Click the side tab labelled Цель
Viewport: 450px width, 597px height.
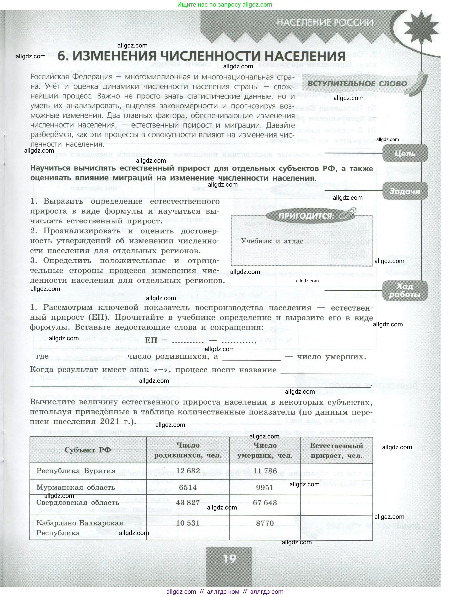(404, 154)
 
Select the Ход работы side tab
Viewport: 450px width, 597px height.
(404, 290)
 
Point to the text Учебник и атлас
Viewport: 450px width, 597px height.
(272, 241)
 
